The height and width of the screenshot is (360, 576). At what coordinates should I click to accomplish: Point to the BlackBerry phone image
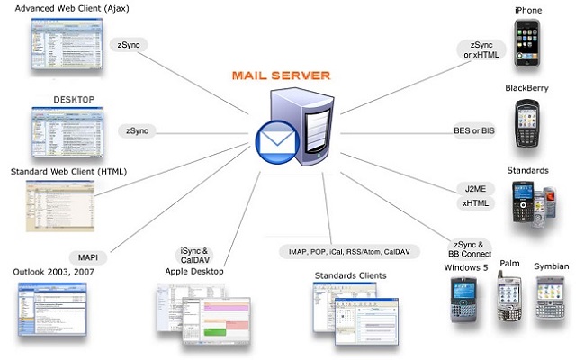(527, 125)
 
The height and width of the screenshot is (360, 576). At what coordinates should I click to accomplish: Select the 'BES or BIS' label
(474, 131)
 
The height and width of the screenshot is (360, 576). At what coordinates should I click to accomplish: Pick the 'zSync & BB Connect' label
(471, 248)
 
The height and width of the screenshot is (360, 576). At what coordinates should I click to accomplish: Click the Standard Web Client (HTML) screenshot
(55, 201)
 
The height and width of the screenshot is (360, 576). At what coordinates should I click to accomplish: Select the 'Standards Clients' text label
(350, 275)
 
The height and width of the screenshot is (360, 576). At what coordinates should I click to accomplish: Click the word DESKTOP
(74, 98)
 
